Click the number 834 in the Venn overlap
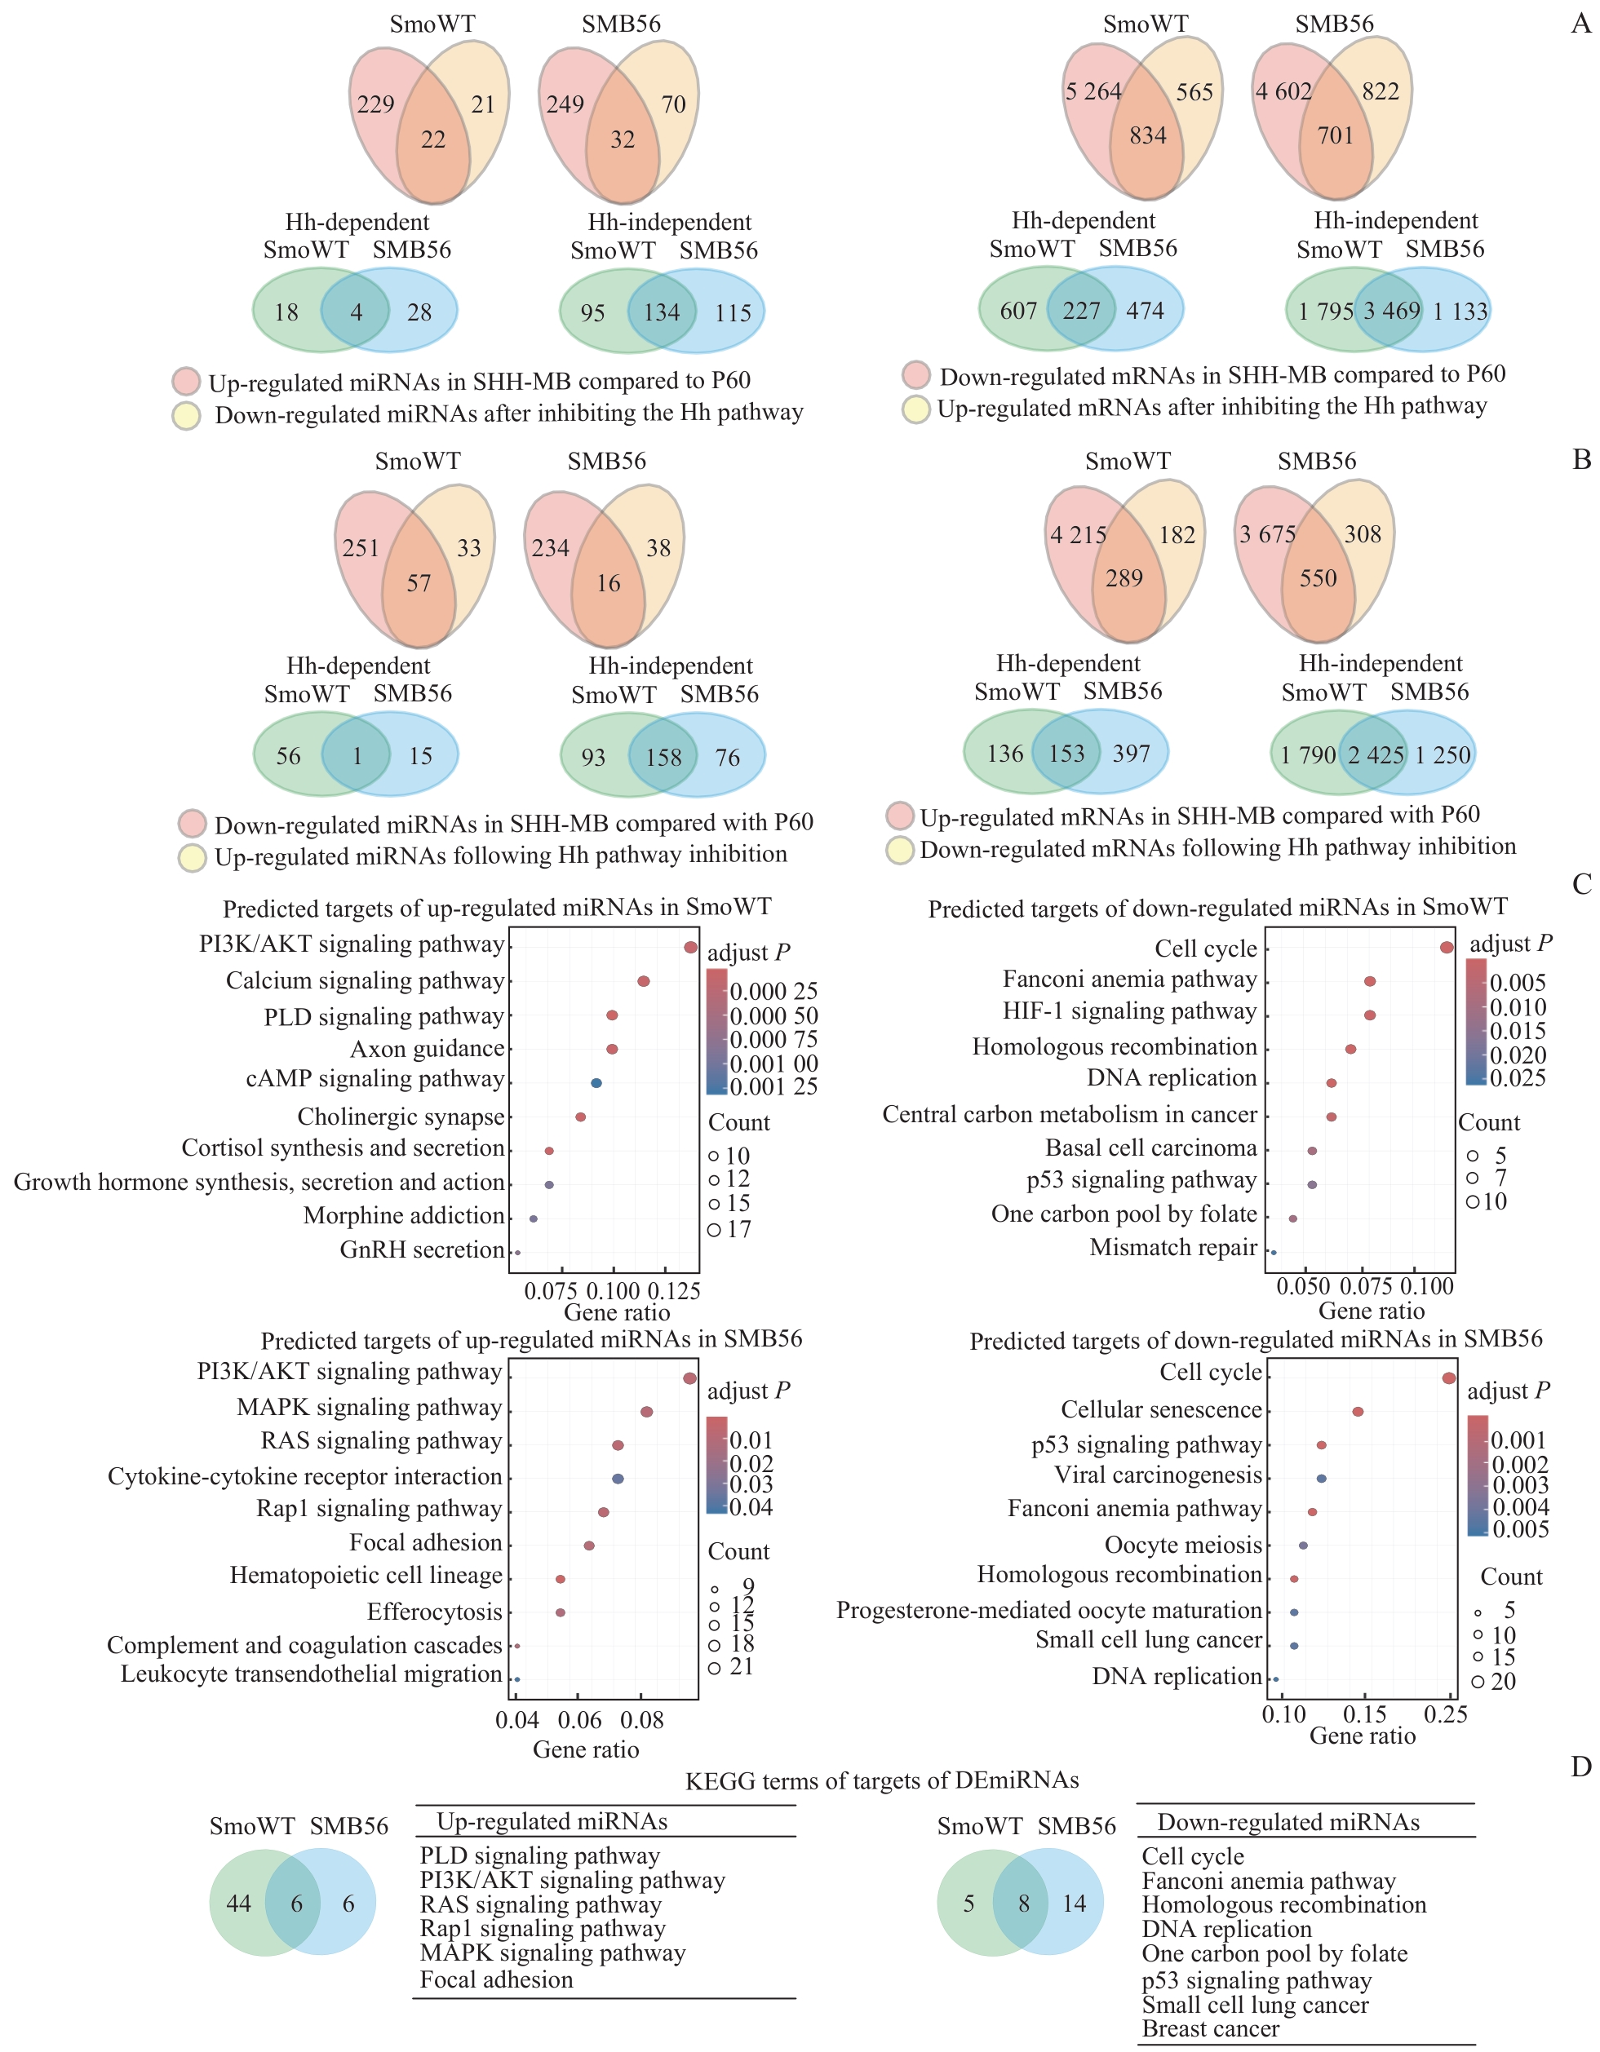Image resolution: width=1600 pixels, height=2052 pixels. click(x=1148, y=136)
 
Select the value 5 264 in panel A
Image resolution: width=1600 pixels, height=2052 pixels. click(x=1093, y=92)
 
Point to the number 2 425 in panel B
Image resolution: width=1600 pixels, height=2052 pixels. click(x=1376, y=754)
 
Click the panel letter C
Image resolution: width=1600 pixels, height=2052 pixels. click(x=1582, y=885)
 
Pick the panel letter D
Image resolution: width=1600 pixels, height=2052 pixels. click(x=1581, y=1767)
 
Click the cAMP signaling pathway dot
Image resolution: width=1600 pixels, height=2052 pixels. click(x=596, y=1083)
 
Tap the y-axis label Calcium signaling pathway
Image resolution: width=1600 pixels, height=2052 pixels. click(x=365, y=981)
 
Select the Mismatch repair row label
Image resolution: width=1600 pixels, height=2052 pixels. click(x=1173, y=1248)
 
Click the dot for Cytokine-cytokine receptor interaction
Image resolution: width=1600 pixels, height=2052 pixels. click(x=618, y=1478)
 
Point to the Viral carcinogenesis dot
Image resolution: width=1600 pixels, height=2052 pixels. click(x=1322, y=1478)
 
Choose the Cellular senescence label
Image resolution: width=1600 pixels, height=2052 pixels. click(x=1161, y=1409)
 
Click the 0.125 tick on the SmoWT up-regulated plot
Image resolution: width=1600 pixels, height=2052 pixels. click(x=674, y=1291)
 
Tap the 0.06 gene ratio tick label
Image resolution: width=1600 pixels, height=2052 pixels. click(x=579, y=1720)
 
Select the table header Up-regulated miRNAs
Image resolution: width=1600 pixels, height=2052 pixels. click(x=552, y=1822)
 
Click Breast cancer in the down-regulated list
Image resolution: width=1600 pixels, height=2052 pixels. click(x=1210, y=2028)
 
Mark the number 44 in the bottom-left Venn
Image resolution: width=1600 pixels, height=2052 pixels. click(x=239, y=1904)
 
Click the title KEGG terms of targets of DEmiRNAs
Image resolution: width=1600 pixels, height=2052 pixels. click(x=882, y=1780)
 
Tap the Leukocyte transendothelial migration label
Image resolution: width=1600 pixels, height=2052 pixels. click(x=311, y=1674)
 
